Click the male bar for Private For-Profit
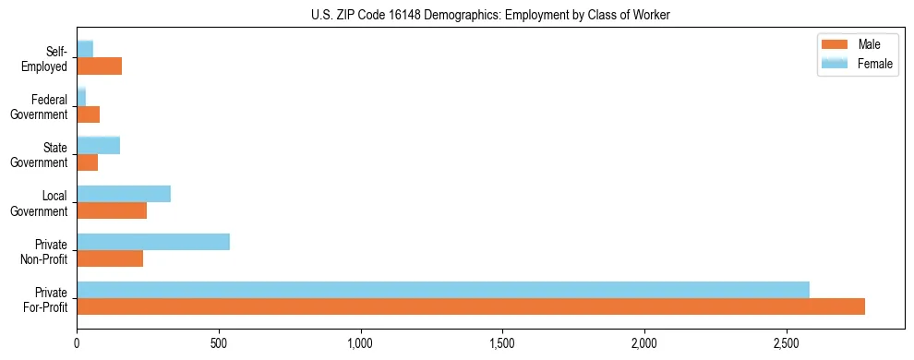[x=471, y=306]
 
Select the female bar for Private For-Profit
[x=443, y=290]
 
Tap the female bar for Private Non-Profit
[x=153, y=242]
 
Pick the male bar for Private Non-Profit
[x=110, y=258]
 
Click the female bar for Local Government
[x=124, y=194]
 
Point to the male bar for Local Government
[x=112, y=210]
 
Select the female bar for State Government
[x=99, y=145]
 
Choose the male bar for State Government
[x=88, y=162]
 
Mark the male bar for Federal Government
[x=89, y=114]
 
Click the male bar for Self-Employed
[x=100, y=66]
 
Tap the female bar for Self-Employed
[x=85, y=49]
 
